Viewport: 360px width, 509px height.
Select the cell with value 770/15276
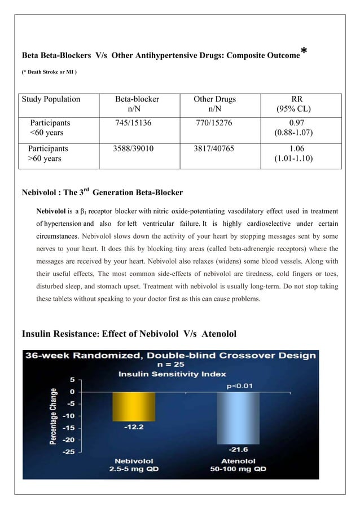pyautogui.click(x=214, y=122)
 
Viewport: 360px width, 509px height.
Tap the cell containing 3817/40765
pyautogui.click(x=214, y=149)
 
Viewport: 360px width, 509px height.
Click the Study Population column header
pyautogui.click(x=51, y=99)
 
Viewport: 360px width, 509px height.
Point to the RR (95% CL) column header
pyautogui.click(x=293, y=104)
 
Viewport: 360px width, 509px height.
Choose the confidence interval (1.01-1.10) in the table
pyautogui.click(x=293, y=159)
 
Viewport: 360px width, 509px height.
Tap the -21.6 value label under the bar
pyautogui.click(x=238, y=450)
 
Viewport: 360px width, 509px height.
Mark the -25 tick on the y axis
pyautogui.click(x=67, y=451)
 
